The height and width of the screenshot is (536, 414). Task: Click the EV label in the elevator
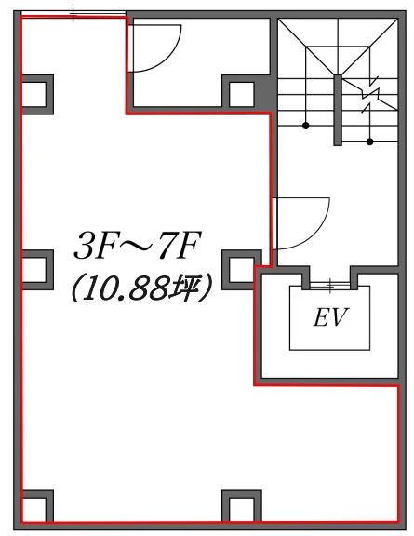pos(330,317)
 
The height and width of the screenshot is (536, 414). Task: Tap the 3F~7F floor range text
pos(137,246)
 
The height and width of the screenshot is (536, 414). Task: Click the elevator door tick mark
pos(330,286)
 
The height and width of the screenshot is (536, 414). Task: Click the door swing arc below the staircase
pos(311,232)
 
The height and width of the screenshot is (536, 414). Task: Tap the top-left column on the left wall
pos(37,94)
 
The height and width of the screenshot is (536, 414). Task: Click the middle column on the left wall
pos(37,270)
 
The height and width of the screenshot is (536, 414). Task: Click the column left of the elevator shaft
pos(241,270)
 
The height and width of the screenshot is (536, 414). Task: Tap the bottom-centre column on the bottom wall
pos(242,506)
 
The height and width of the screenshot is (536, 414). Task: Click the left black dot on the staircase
pos(306,126)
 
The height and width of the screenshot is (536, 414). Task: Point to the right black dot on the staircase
pos(369,141)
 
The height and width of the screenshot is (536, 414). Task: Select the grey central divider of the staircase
pos(338,110)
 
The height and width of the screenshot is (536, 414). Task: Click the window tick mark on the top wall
pos(73,14)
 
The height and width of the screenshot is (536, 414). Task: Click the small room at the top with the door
pos(199,62)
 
